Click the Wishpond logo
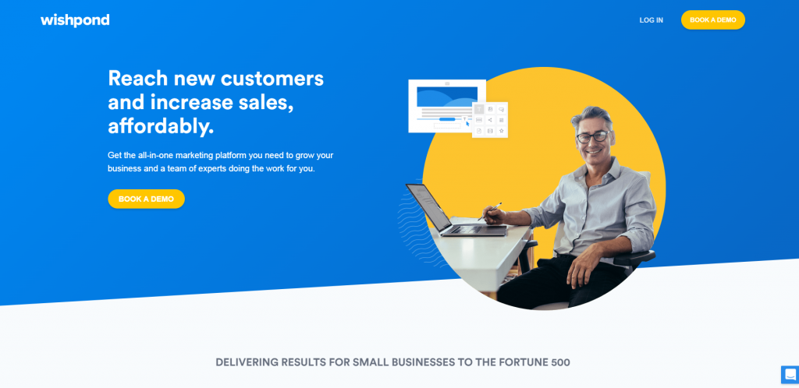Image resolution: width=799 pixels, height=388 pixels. click(x=75, y=20)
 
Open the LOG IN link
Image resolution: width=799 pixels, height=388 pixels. click(x=652, y=20)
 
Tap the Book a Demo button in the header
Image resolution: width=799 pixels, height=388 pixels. click(x=713, y=19)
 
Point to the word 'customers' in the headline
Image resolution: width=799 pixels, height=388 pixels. click(x=272, y=79)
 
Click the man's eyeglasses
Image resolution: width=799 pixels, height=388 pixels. click(x=593, y=136)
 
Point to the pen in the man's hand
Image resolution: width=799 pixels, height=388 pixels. click(x=490, y=211)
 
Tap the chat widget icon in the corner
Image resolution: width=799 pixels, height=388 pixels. click(x=790, y=374)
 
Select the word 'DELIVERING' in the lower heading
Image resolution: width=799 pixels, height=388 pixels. click(x=247, y=362)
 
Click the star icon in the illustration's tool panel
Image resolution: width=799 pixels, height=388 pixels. click(x=502, y=131)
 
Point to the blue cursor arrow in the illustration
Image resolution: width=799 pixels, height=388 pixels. click(x=467, y=123)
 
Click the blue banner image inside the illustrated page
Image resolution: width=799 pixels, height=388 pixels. click(x=447, y=97)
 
